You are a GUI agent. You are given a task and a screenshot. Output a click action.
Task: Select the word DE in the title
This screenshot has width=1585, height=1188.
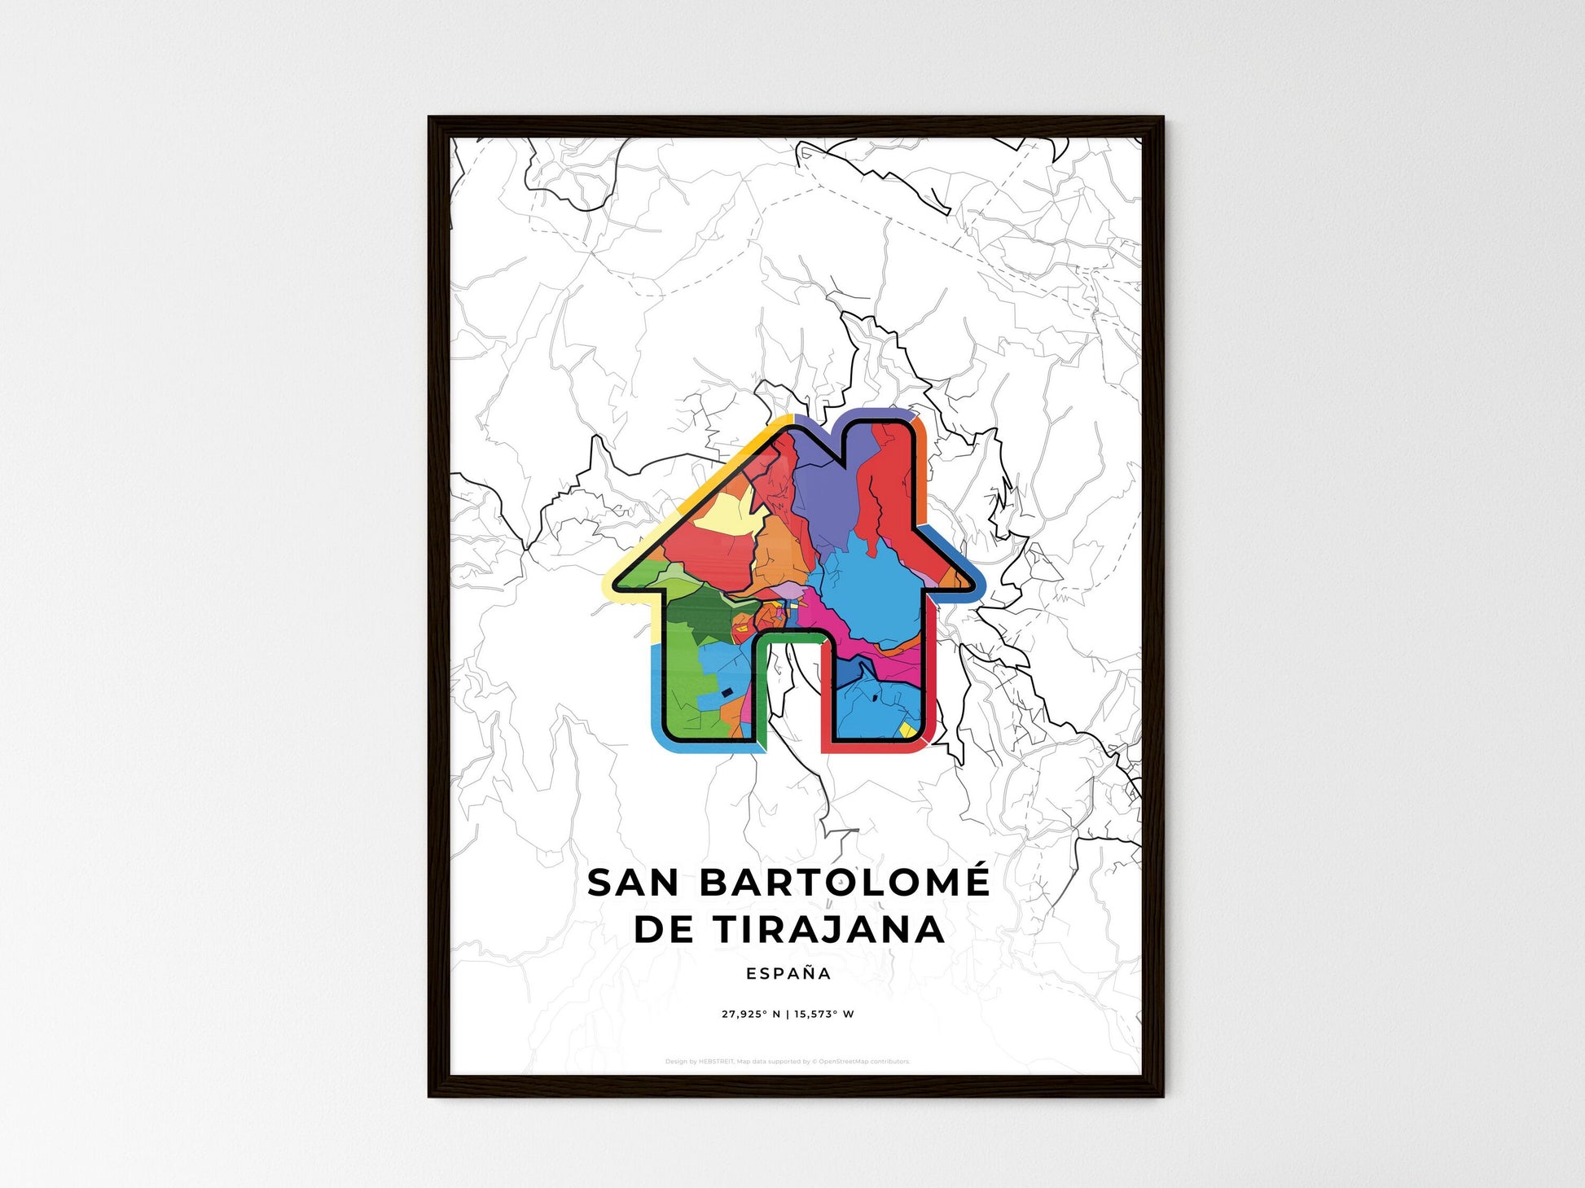point(663,930)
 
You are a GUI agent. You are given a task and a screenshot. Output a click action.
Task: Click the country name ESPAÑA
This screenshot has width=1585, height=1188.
point(788,973)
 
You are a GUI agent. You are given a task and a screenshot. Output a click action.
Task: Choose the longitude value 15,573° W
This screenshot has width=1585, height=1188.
point(824,1015)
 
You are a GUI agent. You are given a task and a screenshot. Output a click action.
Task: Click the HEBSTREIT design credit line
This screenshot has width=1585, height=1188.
point(787,1062)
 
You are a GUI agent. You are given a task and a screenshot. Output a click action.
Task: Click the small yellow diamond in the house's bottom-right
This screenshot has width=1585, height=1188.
point(906,730)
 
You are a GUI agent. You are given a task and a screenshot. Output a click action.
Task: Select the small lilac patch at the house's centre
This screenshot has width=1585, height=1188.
point(787,588)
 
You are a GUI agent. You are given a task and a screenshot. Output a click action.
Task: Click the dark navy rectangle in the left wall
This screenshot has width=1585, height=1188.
point(727,692)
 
